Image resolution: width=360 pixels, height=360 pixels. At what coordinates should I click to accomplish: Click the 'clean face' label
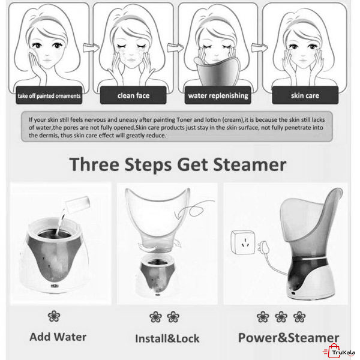click(x=133, y=95)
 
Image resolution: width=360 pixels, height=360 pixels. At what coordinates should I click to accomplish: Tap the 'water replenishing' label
click(x=218, y=95)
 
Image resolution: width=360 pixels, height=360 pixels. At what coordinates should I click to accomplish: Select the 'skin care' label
click(x=305, y=95)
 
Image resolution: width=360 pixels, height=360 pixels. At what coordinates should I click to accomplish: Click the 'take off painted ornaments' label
click(x=49, y=96)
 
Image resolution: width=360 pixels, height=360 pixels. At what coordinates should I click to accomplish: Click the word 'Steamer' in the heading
click(x=250, y=164)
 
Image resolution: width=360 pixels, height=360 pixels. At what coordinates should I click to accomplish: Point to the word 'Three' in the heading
click(x=94, y=164)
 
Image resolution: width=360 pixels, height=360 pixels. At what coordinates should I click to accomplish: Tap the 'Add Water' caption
click(x=58, y=337)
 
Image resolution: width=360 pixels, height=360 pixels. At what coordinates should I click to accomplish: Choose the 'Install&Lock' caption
click(x=167, y=338)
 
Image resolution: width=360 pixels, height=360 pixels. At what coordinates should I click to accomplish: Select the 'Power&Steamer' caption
click(x=289, y=338)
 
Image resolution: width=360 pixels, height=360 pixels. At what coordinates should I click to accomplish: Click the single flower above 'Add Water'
click(x=54, y=316)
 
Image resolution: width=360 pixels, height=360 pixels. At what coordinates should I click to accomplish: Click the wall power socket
click(x=243, y=242)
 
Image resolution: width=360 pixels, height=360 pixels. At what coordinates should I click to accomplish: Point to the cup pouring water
click(x=77, y=205)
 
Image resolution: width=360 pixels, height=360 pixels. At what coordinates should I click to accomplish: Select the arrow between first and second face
click(x=91, y=47)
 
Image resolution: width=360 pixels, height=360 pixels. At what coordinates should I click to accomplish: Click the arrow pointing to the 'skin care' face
click(x=259, y=48)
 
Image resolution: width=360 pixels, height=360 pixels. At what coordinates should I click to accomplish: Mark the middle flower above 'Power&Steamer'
click(x=281, y=317)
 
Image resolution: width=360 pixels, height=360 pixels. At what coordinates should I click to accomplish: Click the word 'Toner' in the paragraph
click(x=184, y=119)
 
